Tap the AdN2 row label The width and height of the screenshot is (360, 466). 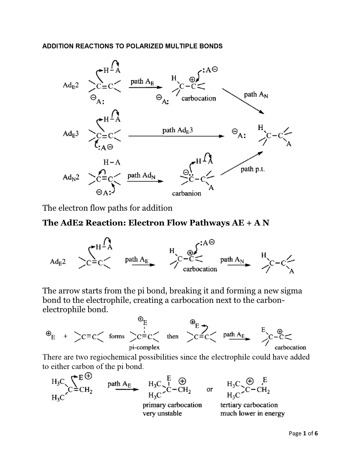point(71,177)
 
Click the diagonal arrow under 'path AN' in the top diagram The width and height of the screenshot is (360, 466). point(243,101)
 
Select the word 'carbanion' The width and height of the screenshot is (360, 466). point(187,193)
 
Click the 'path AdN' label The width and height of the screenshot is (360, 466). point(141,176)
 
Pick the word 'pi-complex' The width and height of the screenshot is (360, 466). point(144,347)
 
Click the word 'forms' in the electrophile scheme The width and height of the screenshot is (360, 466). point(117,336)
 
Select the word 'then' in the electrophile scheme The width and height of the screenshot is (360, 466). point(173,336)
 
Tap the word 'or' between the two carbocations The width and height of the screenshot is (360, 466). point(210,389)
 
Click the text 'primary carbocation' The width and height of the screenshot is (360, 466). point(172,405)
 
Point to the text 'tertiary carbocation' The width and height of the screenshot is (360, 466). point(249,405)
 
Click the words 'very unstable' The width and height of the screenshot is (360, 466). point(162,413)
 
